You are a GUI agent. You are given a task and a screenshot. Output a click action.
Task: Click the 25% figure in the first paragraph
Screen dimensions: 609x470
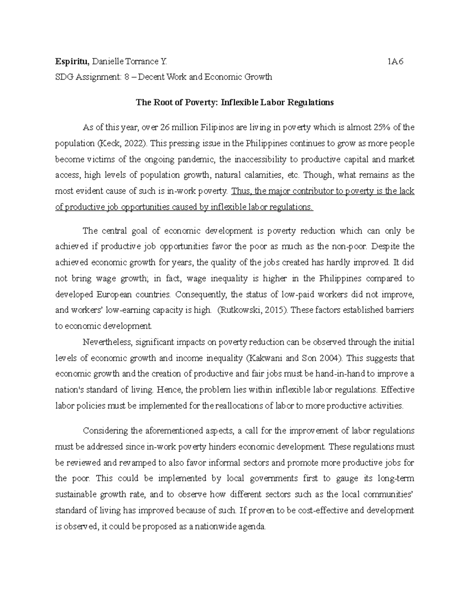pos(385,127)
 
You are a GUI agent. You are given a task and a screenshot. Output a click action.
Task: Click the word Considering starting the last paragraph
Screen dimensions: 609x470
pos(105,431)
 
